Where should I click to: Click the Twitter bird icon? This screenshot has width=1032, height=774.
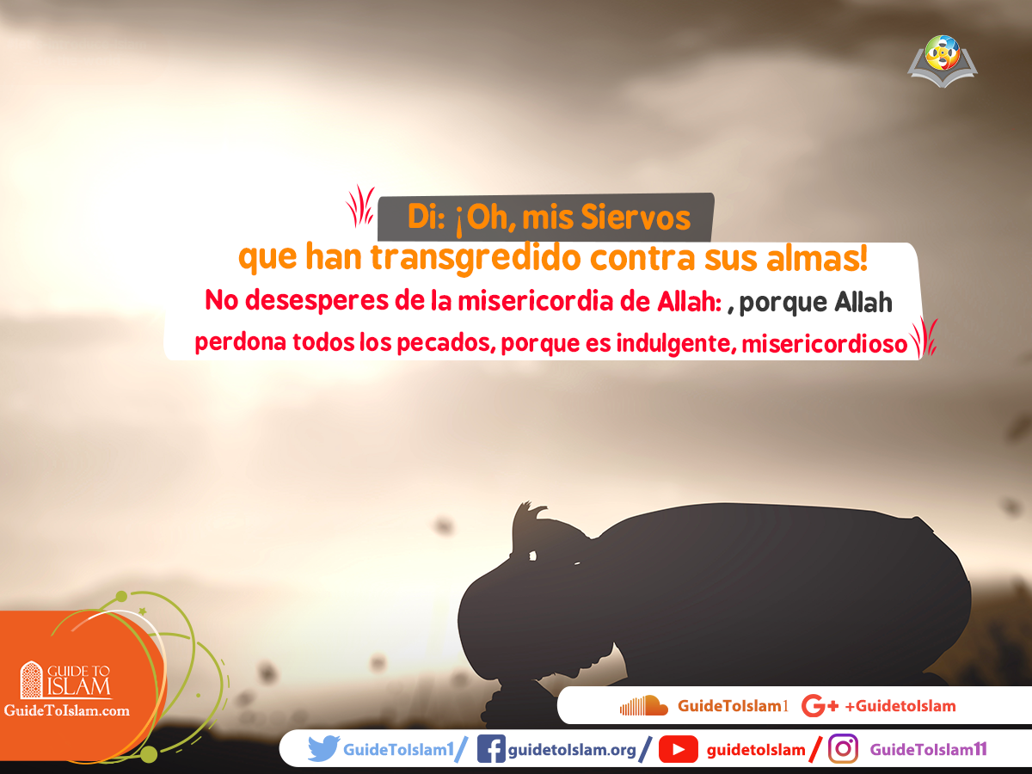323,750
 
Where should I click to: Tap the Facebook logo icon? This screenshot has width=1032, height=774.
490,750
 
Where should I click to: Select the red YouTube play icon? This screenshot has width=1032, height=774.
679,750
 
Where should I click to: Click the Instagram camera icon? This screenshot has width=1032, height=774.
844,750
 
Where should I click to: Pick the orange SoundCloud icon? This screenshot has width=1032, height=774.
643,706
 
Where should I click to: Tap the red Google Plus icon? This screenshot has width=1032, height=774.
819,707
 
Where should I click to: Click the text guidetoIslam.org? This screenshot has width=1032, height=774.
572,750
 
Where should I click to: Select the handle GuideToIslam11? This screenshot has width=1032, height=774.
928,750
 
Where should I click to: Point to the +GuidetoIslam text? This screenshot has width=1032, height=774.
900,707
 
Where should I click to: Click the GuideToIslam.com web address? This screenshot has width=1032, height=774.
67,710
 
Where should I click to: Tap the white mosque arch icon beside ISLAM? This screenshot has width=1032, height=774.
31,679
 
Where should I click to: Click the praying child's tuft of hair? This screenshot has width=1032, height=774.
527,519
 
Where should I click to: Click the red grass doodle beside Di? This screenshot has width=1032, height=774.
359,206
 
